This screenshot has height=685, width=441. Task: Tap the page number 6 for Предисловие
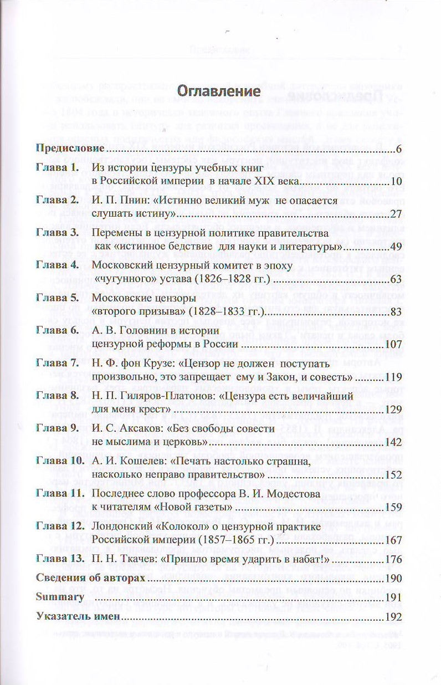(x=398, y=149)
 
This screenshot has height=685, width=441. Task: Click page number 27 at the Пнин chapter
(x=395, y=214)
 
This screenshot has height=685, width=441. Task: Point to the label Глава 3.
(x=56, y=233)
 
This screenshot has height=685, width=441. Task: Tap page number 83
(x=395, y=313)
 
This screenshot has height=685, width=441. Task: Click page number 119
(x=392, y=378)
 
